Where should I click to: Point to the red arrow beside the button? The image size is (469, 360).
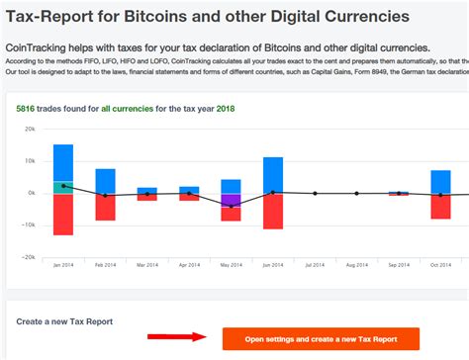tap(177, 336)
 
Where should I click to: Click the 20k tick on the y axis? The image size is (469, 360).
tap(31, 130)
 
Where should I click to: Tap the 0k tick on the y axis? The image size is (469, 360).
tap(33, 193)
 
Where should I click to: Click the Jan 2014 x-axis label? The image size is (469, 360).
tap(63, 264)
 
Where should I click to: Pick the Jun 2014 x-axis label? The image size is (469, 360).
tap(273, 264)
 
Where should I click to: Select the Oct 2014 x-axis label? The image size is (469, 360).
tap(440, 264)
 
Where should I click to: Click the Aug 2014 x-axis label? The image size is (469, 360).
tap(357, 264)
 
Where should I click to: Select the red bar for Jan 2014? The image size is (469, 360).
tap(63, 214)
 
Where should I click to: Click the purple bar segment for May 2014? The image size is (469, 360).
tap(231, 200)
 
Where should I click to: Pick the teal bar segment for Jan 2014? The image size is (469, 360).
tap(63, 187)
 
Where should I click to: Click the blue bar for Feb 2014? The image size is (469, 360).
tap(105, 180)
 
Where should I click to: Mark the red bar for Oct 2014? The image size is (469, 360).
tap(440, 206)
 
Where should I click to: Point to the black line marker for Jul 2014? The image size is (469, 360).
tap(315, 193)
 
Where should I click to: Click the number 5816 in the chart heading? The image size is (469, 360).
tap(26, 108)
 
